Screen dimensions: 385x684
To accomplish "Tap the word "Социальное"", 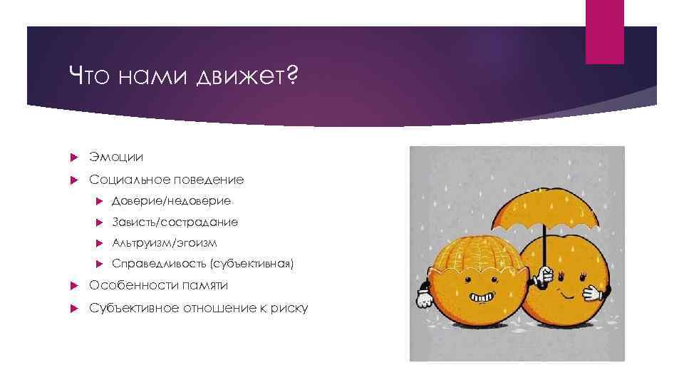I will [123, 180].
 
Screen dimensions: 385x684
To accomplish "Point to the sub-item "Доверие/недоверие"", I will [171, 201].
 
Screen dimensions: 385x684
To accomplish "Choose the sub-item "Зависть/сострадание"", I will [175, 222].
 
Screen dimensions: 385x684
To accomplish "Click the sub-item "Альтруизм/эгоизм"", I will [164, 243].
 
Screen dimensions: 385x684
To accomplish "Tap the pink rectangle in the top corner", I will [604, 32].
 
